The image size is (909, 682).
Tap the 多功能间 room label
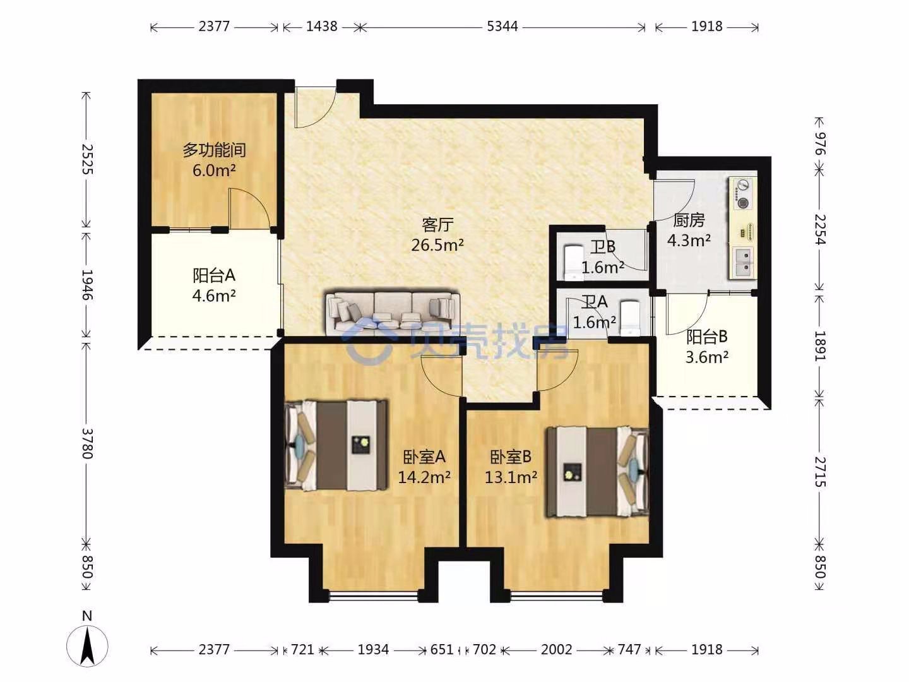[215, 150]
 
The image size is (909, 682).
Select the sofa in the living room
[393, 313]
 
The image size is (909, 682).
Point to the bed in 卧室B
[597, 472]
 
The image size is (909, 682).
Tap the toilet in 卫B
[572, 263]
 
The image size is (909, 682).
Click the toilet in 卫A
[630, 318]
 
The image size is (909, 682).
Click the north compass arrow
[87, 646]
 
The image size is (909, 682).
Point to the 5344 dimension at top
[502, 27]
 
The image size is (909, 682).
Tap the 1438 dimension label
[321, 27]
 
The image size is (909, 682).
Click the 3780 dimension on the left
[86, 443]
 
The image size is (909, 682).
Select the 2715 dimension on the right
[820, 472]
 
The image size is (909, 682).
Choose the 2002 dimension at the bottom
[556, 649]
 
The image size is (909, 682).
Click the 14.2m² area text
[424, 477]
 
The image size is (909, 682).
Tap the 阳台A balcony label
[214, 275]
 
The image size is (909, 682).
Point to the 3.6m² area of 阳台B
[707, 357]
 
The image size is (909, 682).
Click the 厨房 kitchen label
[689, 220]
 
